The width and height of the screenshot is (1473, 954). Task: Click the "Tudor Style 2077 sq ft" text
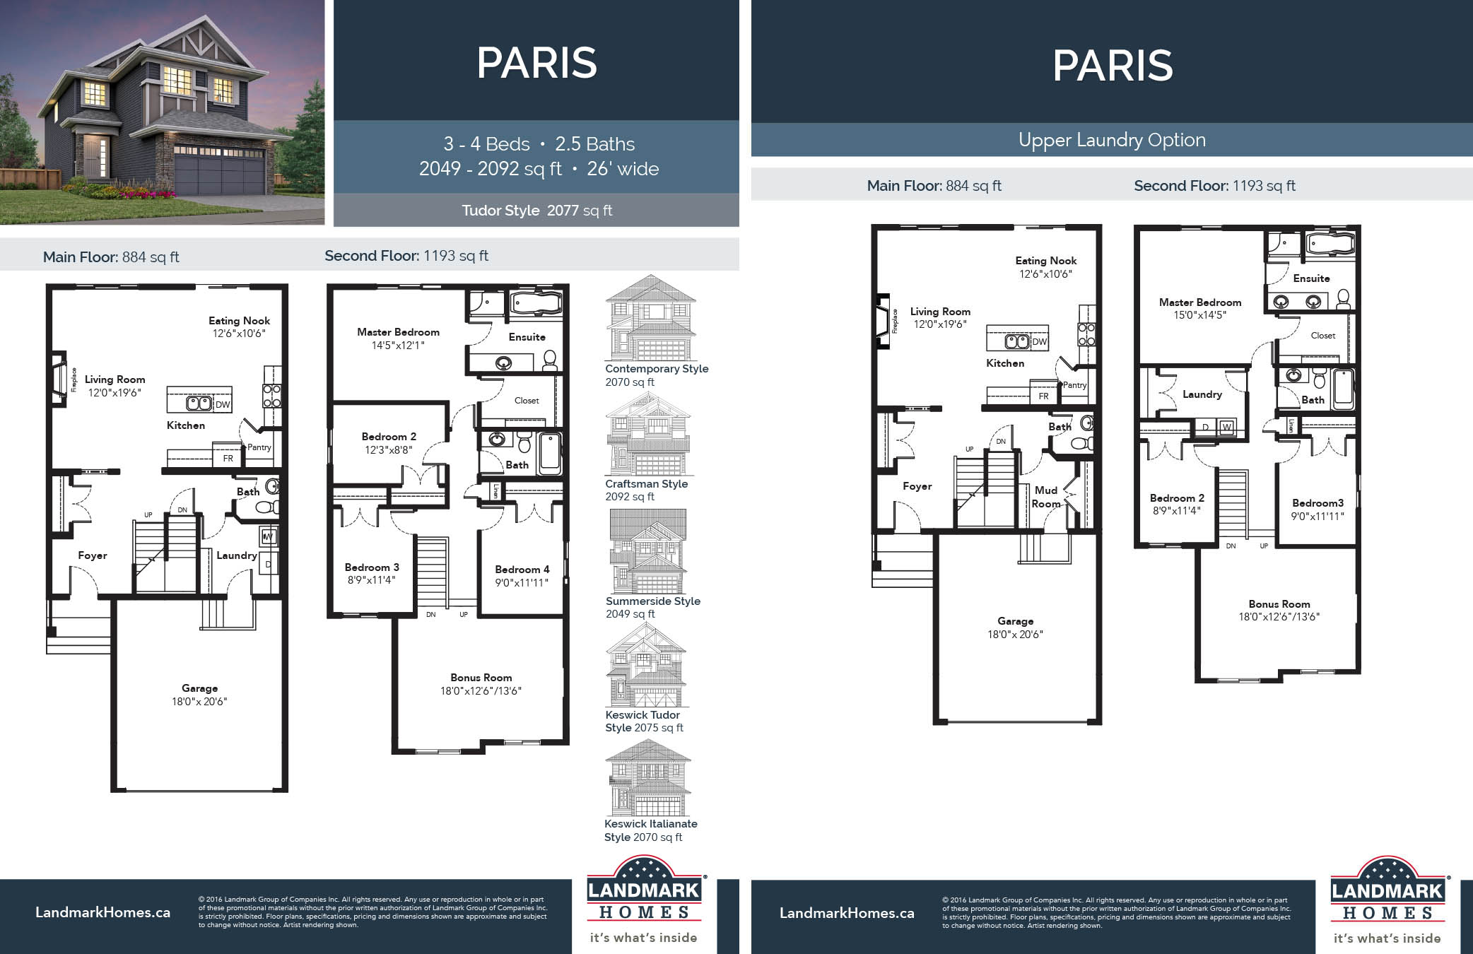click(x=536, y=211)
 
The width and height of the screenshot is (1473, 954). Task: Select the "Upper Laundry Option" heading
click(x=1112, y=140)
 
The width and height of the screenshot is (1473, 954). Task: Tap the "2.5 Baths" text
click(x=594, y=144)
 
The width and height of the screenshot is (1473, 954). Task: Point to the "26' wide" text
click(x=623, y=169)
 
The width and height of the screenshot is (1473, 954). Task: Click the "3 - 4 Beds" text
click(x=486, y=144)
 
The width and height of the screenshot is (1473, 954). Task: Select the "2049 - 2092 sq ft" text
click(x=490, y=169)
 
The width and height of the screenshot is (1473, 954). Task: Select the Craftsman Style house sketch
click(x=648, y=434)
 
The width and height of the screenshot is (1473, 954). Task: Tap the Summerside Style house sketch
click(x=647, y=551)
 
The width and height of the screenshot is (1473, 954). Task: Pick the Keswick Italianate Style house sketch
click(x=647, y=778)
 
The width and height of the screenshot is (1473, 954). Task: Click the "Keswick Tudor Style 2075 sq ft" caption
click(x=644, y=722)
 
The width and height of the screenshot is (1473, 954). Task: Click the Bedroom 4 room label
click(x=522, y=570)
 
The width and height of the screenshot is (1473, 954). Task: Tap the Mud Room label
click(x=1046, y=497)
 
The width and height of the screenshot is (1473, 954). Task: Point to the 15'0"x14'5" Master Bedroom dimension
click(x=1199, y=315)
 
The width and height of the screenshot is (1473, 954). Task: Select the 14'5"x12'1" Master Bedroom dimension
click(x=398, y=346)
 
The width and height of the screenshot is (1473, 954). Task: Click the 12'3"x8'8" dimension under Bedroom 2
click(x=388, y=450)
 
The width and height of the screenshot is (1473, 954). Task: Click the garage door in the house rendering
click(x=219, y=177)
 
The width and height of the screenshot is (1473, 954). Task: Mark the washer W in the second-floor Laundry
click(x=1226, y=427)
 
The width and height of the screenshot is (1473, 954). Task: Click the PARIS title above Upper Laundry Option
click(x=1113, y=66)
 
